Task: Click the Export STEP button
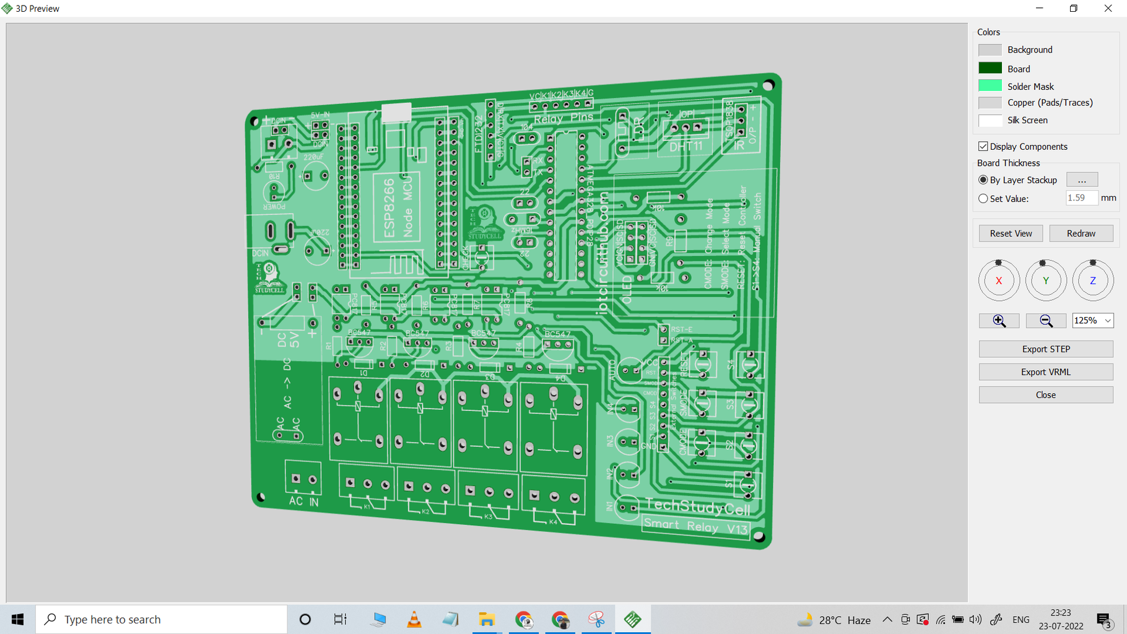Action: click(1046, 349)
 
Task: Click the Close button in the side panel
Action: click(1046, 395)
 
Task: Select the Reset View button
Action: click(1011, 233)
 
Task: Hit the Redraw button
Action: click(1081, 233)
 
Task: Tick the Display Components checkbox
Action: click(983, 147)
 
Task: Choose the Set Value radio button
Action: click(983, 199)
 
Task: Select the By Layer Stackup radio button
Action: click(983, 180)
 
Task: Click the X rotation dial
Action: click(999, 280)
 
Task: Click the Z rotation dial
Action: click(1093, 280)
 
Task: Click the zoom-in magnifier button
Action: click(999, 321)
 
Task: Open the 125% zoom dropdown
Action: click(1093, 321)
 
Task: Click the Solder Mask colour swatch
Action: click(990, 86)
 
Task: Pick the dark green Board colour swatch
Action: click(990, 68)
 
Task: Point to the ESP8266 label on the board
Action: click(389, 208)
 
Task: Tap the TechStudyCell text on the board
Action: click(697, 507)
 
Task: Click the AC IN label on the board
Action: click(303, 501)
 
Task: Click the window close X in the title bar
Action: click(1108, 9)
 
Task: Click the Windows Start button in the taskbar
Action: click(17, 619)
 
